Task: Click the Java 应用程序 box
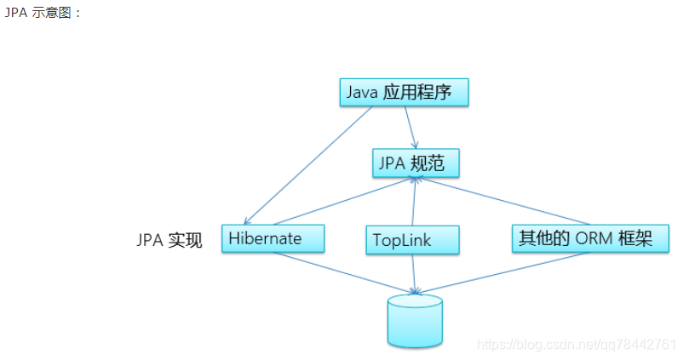[405, 93]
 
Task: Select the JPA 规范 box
[415, 163]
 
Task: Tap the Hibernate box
[273, 238]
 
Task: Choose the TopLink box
[413, 240]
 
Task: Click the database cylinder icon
[415, 320]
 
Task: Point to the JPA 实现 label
[169, 240]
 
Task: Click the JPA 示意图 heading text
[43, 14]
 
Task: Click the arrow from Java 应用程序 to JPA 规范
[410, 128]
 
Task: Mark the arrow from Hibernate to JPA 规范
[341, 201]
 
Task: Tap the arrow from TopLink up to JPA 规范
[414, 202]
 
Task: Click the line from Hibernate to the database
[341, 272]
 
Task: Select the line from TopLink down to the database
[415, 272]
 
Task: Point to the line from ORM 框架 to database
[502, 272]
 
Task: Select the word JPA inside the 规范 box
[392, 163]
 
